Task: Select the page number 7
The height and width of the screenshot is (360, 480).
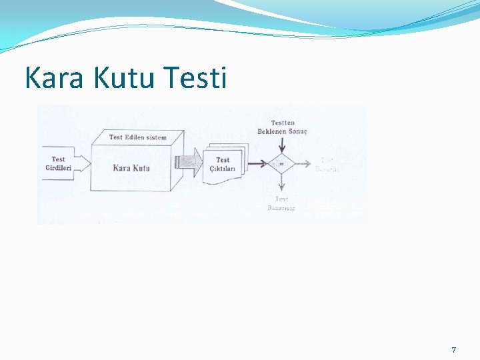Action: coord(454,350)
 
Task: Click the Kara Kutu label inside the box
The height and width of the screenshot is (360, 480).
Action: coord(131,167)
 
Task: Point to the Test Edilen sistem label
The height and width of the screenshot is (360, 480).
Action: coord(138,137)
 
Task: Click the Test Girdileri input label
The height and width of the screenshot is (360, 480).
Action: coord(59,163)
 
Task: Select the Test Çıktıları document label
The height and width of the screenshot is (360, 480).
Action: coord(223,164)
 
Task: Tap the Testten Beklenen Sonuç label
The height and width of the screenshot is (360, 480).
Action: coord(282,127)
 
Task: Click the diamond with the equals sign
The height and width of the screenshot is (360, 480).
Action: coord(281,163)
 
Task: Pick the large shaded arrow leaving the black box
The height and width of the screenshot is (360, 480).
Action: coord(189,163)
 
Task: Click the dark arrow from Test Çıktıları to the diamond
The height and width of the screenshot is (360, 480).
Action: coord(257,163)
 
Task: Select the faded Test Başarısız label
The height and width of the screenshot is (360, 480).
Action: coord(281,203)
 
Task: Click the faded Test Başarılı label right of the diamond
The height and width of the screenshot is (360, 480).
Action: coord(327,164)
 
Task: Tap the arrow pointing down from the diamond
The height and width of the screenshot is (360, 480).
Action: coord(281,183)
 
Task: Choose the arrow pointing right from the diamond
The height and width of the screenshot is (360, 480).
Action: coord(303,163)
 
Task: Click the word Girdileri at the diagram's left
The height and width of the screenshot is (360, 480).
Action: coord(59,167)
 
